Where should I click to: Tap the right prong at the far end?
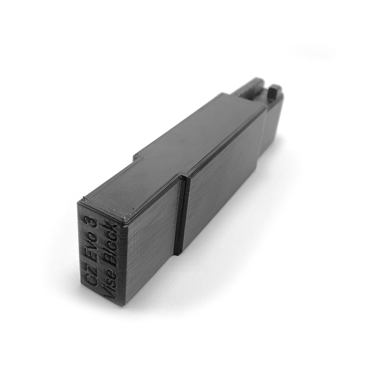(274, 93)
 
